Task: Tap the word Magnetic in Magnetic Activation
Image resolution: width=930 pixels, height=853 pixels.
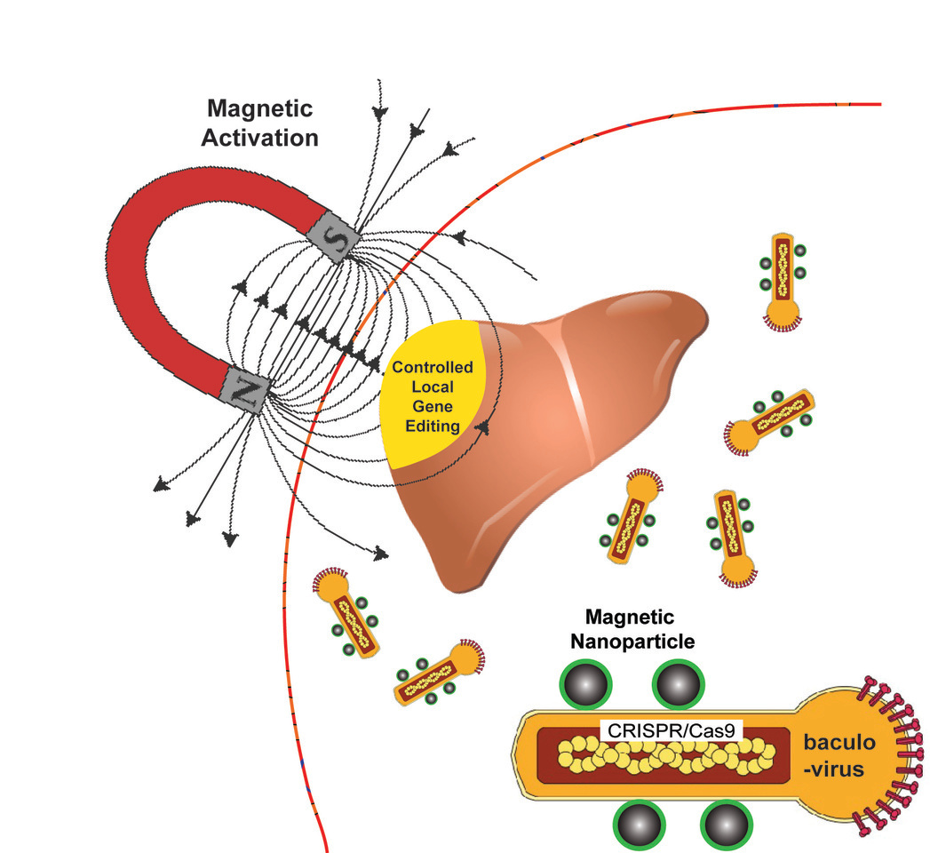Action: [259, 109]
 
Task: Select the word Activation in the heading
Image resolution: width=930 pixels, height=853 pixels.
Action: [259, 138]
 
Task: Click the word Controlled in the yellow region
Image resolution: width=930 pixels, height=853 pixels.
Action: [433, 367]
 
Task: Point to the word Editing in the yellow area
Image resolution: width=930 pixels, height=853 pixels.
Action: [433, 426]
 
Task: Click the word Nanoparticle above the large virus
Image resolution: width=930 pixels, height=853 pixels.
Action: [630, 642]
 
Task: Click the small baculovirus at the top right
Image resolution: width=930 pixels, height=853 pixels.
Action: [783, 280]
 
